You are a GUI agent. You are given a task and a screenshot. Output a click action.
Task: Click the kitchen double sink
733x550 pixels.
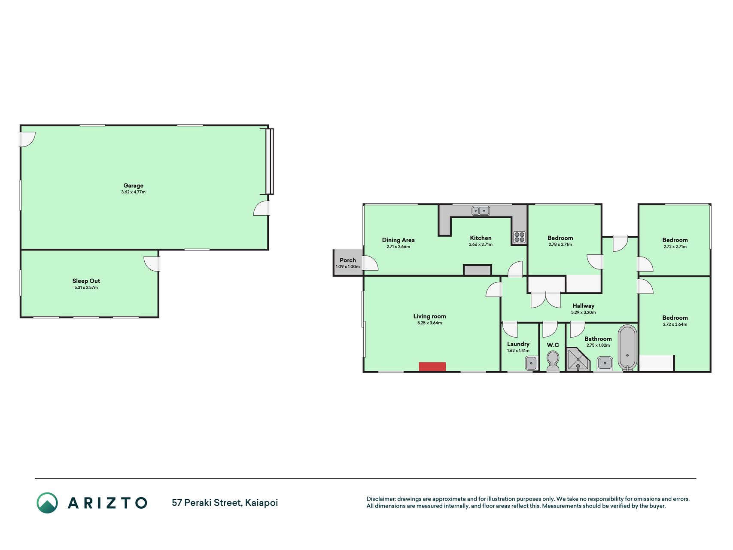click(x=481, y=211)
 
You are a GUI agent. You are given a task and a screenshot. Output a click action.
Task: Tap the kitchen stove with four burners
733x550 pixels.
click(x=519, y=237)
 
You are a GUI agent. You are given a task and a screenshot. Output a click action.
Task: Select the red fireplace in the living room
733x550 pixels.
click(x=432, y=367)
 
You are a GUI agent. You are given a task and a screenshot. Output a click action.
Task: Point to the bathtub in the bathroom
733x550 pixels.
click(x=627, y=347)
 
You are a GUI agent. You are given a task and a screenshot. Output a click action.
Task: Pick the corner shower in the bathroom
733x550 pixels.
click(x=578, y=360)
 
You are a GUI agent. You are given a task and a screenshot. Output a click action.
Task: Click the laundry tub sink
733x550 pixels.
click(x=531, y=364)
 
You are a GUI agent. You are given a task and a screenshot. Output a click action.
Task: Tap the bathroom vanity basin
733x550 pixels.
click(x=605, y=364)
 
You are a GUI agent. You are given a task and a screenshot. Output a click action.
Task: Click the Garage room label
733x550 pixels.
click(x=134, y=186)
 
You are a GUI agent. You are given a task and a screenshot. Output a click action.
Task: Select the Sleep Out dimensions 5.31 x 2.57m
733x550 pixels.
click(x=86, y=287)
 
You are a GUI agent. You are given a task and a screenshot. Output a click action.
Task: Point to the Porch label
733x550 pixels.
click(x=348, y=260)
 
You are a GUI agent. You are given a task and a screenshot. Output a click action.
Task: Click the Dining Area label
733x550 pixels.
click(x=398, y=240)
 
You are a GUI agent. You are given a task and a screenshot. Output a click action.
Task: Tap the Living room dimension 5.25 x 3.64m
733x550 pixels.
click(x=429, y=323)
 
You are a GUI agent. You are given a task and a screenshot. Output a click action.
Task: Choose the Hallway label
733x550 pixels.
click(x=584, y=306)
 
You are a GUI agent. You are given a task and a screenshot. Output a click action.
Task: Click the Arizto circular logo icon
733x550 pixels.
click(x=47, y=503)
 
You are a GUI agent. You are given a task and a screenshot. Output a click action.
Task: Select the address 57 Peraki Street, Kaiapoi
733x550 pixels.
click(x=225, y=503)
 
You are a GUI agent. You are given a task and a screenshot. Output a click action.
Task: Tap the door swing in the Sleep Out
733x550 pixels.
click(x=151, y=264)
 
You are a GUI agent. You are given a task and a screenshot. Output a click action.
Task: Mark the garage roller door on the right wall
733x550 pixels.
click(x=269, y=161)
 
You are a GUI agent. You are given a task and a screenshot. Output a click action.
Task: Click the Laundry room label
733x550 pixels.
click(x=518, y=344)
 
